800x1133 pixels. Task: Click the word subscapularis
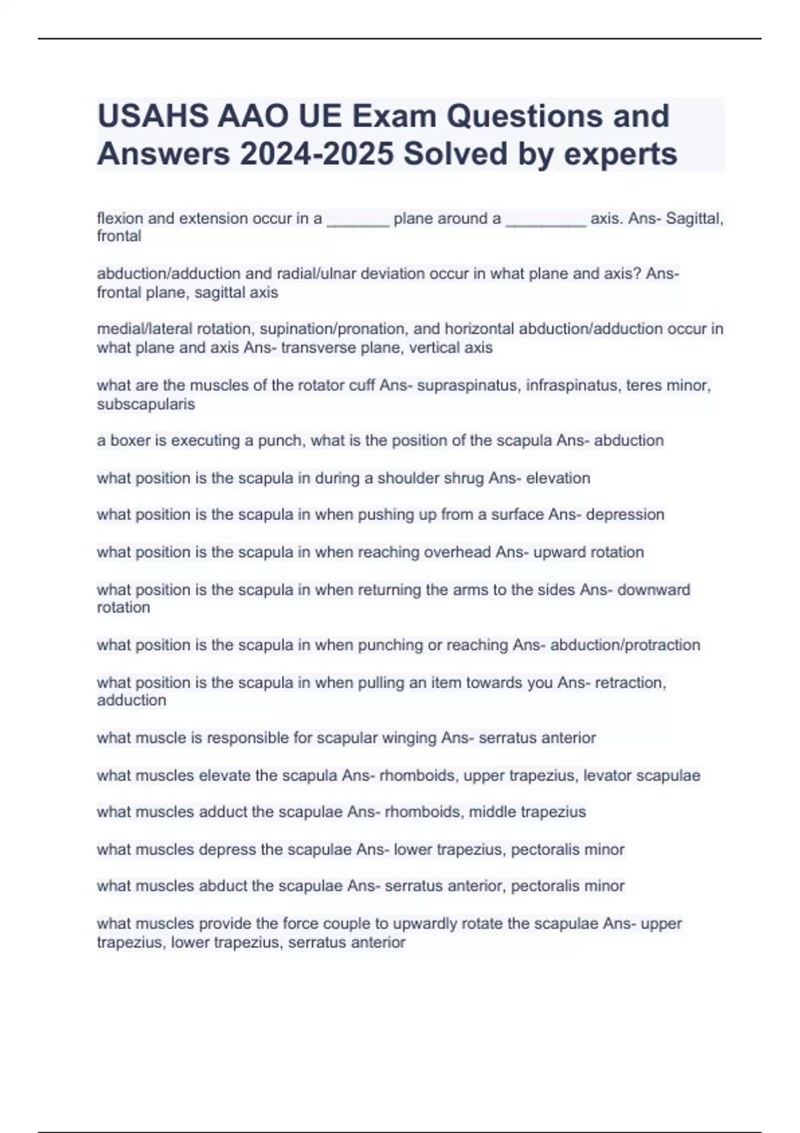pyautogui.click(x=145, y=404)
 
